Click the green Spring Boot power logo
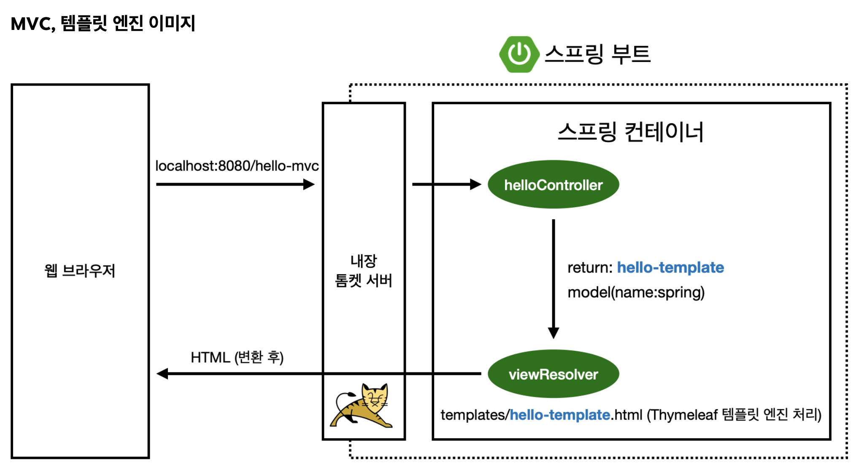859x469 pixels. (519, 54)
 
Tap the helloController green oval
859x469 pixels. (553, 185)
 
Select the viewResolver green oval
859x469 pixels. (553, 374)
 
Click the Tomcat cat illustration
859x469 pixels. (362, 406)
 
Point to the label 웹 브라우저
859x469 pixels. (80, 271)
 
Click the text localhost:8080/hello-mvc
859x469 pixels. (237, 166)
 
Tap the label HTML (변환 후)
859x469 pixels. (237, 358)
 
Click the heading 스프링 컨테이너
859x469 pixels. (630, 132)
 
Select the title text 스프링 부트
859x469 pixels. (597, 54)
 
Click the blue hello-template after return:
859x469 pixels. (670, 268)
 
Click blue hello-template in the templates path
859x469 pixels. (559, 415)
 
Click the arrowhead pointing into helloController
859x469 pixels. (476, 184)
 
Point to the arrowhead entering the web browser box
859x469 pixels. (162, 374)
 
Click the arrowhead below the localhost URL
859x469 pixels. (309, 184)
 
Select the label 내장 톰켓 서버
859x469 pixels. (363, 271)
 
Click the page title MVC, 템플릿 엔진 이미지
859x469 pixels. (103, 24)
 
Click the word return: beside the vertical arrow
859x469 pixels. (589, 268)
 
